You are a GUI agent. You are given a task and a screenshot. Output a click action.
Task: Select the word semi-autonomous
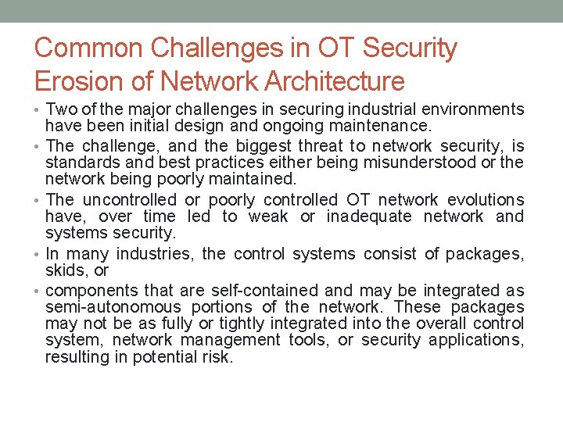113,307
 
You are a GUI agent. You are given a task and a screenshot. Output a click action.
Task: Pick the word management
235,340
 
